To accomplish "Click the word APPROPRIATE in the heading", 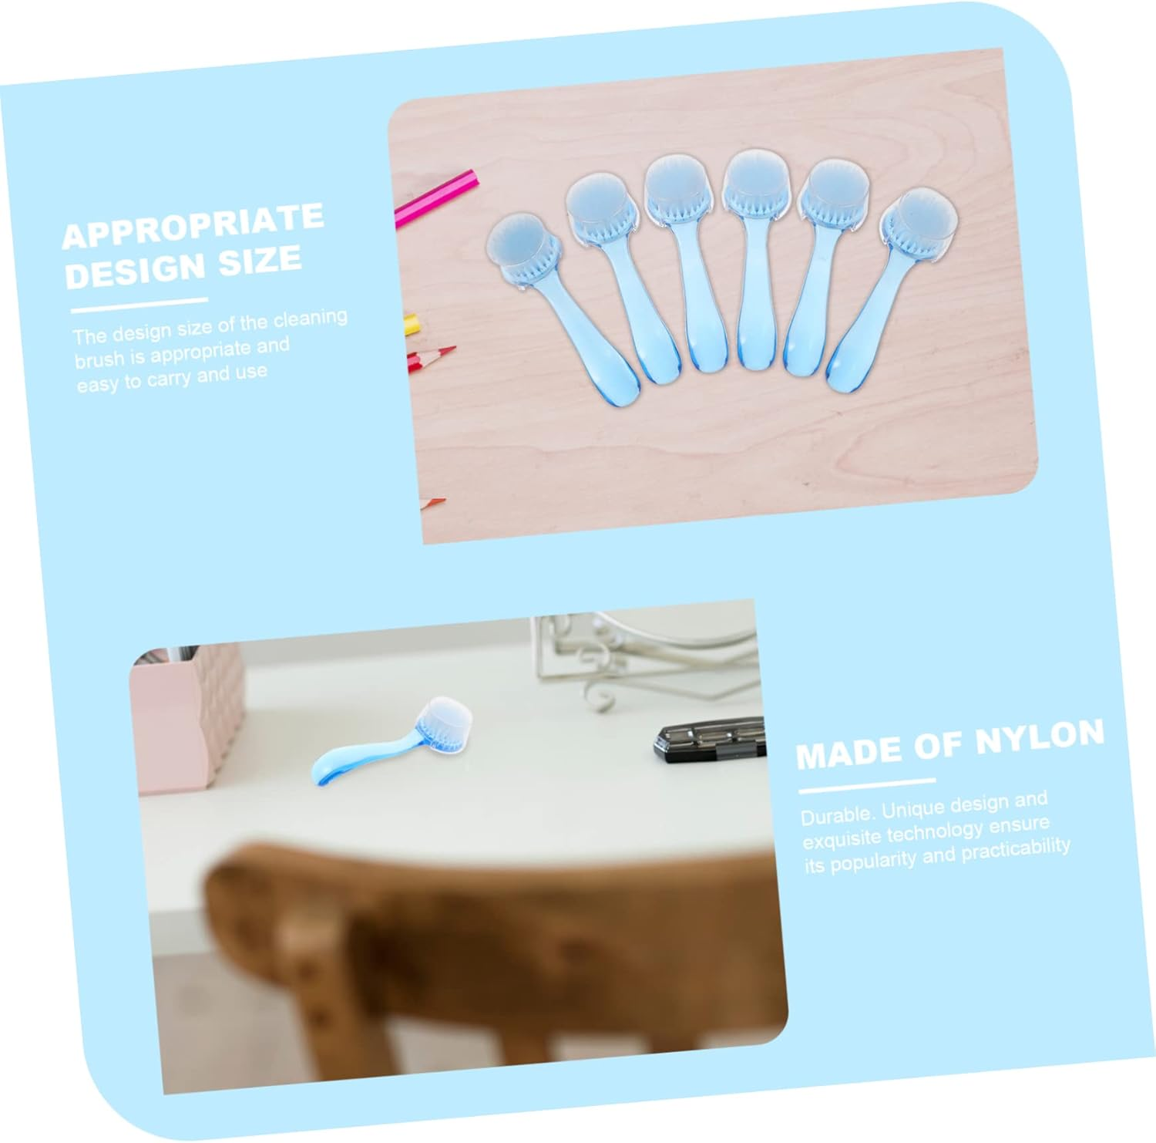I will click(193, 225).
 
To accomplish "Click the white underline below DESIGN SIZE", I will click(139, 305).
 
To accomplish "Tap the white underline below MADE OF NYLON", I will click(866, 786).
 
